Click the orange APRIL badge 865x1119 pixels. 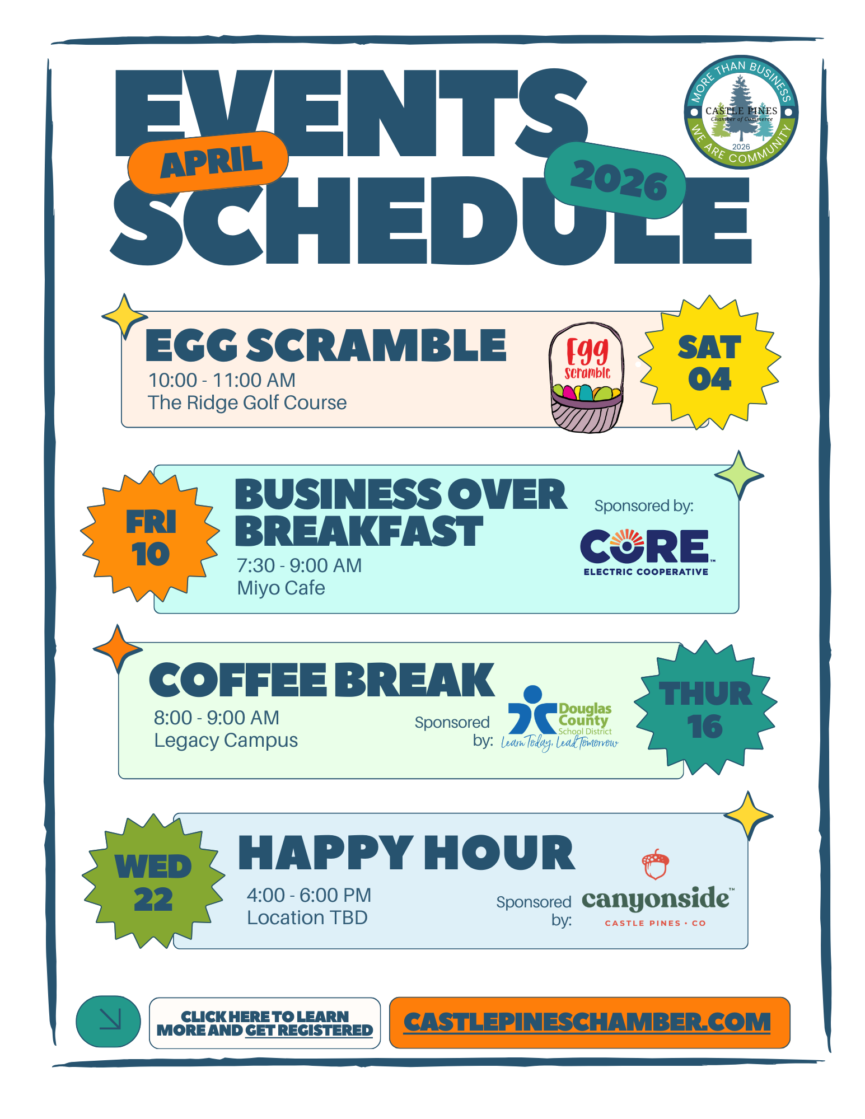pos(208,162)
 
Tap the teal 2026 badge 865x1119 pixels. pos(615,180)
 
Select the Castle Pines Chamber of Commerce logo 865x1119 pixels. pos(741,112)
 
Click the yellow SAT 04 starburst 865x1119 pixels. pos(709,363)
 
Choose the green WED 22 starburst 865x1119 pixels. pos(153,882)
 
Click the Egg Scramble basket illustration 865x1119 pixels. pos(587,377)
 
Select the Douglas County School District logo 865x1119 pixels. pos(560,718)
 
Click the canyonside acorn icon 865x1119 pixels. pos(655,865)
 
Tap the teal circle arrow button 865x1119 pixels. pos(108,1022)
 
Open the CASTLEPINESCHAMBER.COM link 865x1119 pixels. pos(587,1022)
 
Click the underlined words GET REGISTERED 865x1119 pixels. pos(309,1031)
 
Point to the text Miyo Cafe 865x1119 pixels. pos(281,588)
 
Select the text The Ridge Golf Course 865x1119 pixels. pos(247,403)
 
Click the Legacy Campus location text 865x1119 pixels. pos(226,741)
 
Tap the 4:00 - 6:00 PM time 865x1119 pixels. pos(309,895)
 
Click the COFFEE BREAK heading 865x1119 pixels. pos(322,680)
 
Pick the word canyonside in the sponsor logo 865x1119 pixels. pos(656,899)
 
